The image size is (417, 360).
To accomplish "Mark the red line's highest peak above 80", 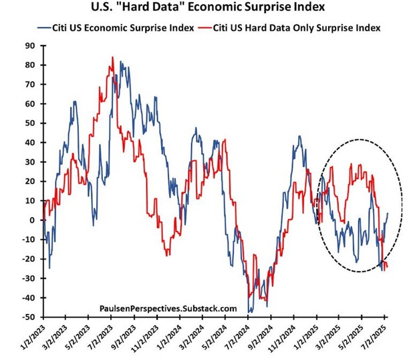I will pyautogui.click(x=112, y=57).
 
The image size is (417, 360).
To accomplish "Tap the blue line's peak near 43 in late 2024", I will pyautogui.click(x=299, y=137).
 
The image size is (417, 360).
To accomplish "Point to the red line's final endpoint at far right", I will pyautogui.click(x=388, y=268).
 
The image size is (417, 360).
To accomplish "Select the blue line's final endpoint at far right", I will pyautogui.click(x=388, y=213).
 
